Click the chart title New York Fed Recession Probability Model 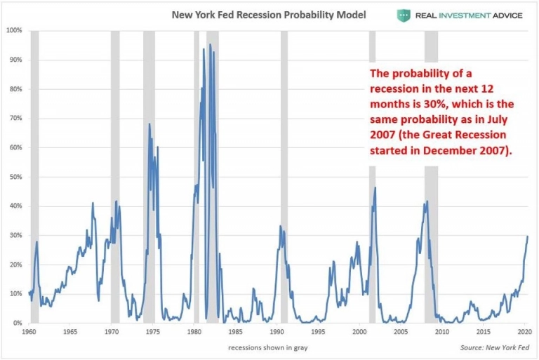coord(269,15)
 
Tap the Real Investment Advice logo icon coord(404,15)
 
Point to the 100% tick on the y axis coord(14,30)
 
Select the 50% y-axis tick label coord(15,177)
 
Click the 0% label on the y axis coord(18,324)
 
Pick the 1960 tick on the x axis coord(29,331)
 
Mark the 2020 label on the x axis coord(523,331)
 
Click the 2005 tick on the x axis coord(399,331)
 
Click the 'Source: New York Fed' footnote coord(494,347)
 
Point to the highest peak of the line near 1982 coord(210,45)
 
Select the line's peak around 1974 coord(149,124)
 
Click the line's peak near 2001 coord(375,187)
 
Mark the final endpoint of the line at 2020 coord(528,236)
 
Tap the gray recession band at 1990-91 coord(284,175)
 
